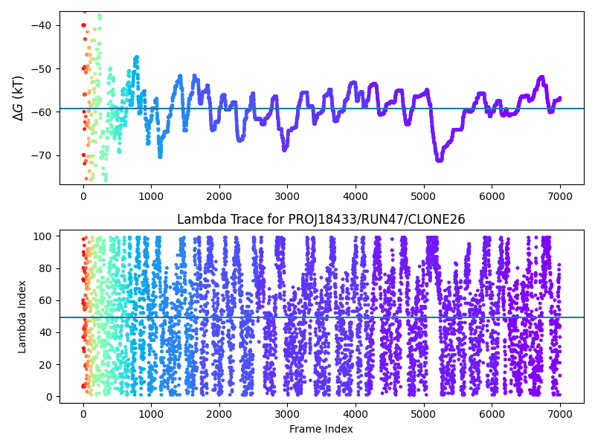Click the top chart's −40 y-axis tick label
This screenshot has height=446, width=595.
[x=42, y=25]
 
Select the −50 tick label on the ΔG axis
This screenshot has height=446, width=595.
[x=42, y=68]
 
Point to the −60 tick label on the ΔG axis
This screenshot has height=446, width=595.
[x=42, y=111]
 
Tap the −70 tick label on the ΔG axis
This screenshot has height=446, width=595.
[x=42, y=155]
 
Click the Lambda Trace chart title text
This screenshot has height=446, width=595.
[x=321, y=219]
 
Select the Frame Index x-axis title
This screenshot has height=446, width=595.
[x=321, y=429]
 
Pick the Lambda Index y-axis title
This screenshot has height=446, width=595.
[x=22, y=316]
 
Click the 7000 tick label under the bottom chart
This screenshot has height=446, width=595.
[x=560, y=414]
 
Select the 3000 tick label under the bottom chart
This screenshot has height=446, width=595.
[x=287, y=414]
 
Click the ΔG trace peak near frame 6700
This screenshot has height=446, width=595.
[x=541, y=77]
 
